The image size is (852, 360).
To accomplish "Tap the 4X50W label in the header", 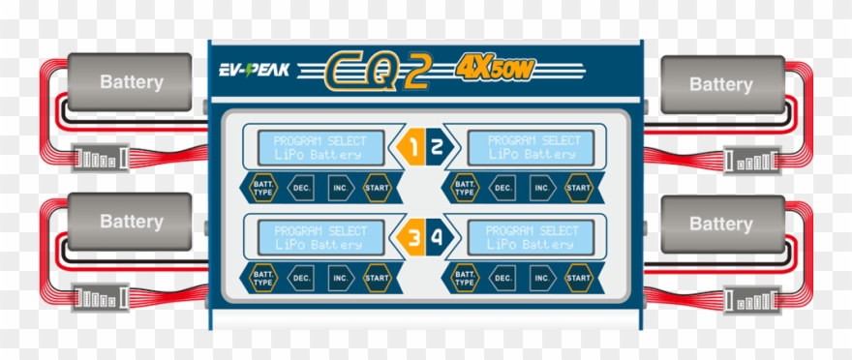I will coord(494,70).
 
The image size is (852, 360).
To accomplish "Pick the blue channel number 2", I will coord(437,148).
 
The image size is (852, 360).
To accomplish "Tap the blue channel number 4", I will coord(437,235).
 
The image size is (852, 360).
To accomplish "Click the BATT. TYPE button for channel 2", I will coord(466,187).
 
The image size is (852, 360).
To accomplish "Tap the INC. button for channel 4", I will coord(541,278).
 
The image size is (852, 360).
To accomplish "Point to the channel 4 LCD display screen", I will coord(532,237).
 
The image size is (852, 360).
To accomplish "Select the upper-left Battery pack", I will coord(130,82).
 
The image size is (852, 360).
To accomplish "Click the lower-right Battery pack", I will coord(720,224).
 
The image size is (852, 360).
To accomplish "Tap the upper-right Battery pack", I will coord(720,84).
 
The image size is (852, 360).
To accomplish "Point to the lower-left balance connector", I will coord(101,295).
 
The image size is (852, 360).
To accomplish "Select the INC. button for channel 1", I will coord(340,187).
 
